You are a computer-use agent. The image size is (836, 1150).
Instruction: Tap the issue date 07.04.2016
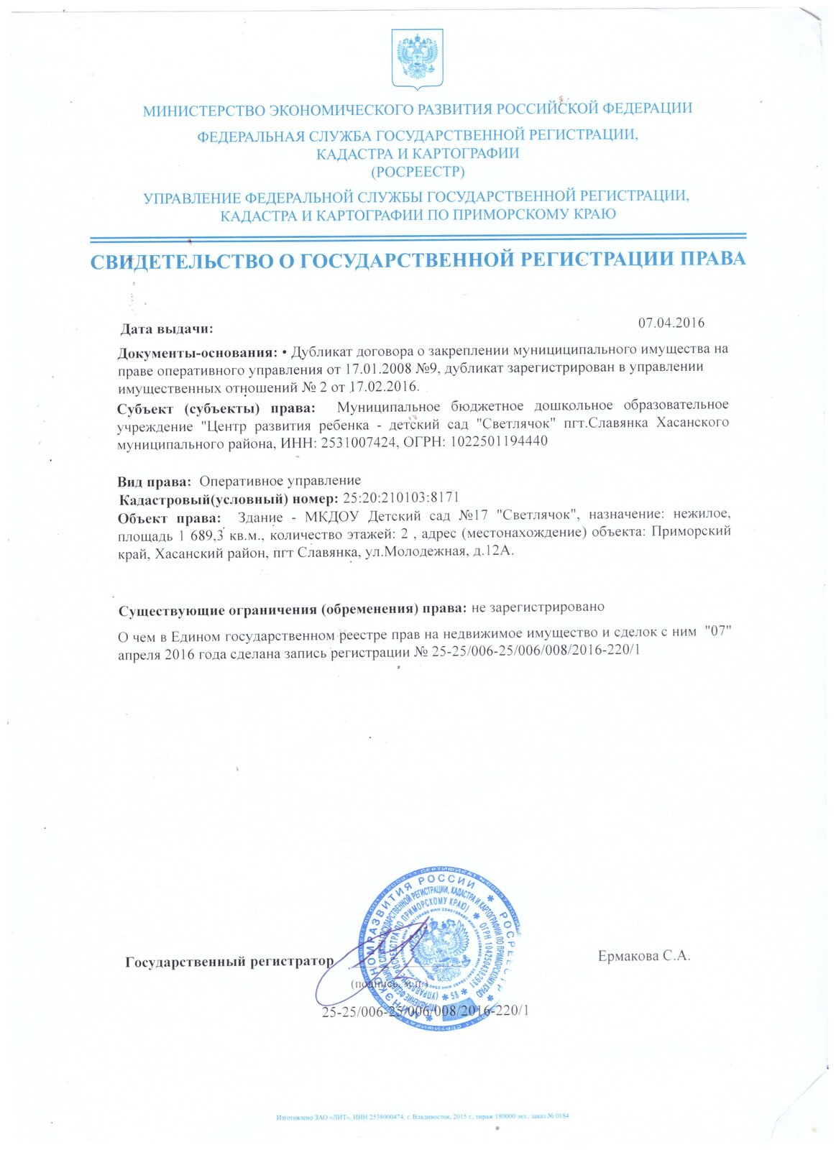pos(671,322)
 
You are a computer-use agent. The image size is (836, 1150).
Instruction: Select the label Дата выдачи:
pos(167,330)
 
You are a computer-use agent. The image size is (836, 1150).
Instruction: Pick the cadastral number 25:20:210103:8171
pos(401,497)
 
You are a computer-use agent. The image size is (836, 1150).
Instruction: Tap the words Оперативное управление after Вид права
pos(280,480)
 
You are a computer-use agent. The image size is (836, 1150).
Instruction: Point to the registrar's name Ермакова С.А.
pos(643,956)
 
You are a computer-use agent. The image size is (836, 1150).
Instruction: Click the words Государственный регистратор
pos(229,962)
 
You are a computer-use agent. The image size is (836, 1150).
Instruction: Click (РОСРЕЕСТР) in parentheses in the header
pos(418,172)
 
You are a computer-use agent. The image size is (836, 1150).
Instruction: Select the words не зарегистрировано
pos(538,607)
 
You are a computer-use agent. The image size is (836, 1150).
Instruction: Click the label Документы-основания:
pos(198,353)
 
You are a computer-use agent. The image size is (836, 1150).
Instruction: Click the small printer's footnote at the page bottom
pos(423,1116)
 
